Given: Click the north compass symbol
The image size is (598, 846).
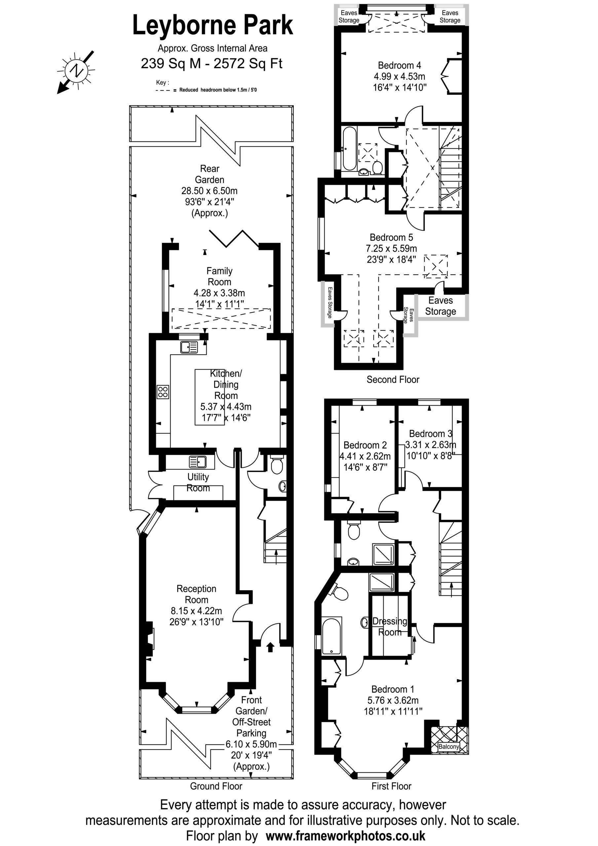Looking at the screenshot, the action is coord(76,71).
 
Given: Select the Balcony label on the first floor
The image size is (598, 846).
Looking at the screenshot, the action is coord(448,746).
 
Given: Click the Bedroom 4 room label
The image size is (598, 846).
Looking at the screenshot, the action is coord(399,65).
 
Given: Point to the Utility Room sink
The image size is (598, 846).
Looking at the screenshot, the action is coord(198,461).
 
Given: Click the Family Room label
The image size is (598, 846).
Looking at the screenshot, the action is coord(219,276).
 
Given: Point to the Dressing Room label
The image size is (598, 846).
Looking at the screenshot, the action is coord(390,626).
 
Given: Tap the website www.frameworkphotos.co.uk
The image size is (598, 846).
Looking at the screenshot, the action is coord(345,836).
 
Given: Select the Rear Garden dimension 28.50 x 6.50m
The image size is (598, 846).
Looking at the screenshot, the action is coord(209,191).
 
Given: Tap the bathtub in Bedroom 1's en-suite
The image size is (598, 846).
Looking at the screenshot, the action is coord(332,636).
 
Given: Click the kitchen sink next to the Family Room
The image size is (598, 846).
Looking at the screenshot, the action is coord(189,347).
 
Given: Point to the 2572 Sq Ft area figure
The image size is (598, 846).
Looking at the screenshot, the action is coord(248,63).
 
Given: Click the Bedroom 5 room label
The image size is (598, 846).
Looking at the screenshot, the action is coord(391,237).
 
